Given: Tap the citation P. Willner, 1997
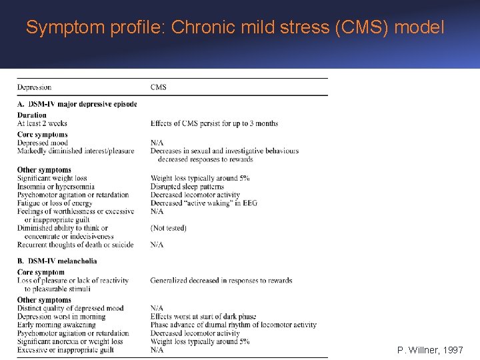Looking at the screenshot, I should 430,349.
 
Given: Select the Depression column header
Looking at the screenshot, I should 34,87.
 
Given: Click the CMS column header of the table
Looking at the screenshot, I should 159,87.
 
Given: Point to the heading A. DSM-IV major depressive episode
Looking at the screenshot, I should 77,104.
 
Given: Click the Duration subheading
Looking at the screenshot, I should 32,115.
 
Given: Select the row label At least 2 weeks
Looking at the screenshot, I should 42,123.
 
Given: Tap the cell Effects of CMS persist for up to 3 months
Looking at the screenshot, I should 214,123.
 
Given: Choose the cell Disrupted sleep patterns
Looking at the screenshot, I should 188,187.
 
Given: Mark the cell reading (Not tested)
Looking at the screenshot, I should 169,228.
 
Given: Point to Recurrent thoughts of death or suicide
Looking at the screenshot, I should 75,245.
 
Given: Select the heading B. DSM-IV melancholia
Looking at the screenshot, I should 57,261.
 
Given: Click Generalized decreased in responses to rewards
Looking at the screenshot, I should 221,281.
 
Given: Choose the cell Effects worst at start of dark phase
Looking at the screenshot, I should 203,317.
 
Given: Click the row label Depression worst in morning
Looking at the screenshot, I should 61,317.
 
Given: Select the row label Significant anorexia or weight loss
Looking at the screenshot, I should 70,341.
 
